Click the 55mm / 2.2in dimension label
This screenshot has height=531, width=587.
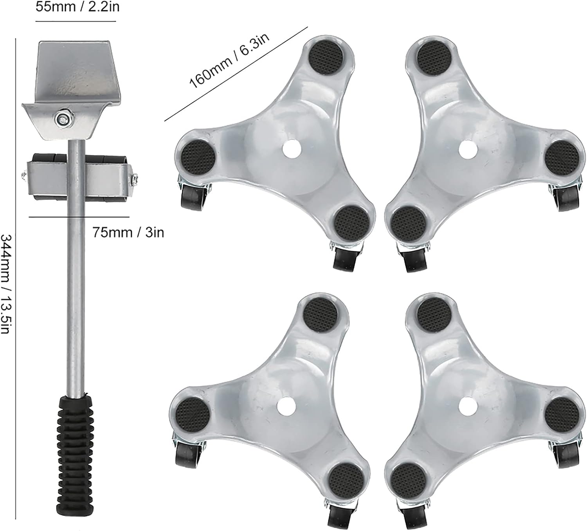[77, 7]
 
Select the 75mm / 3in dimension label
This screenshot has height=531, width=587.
[128, 233]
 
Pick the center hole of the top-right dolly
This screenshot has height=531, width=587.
[467, 148]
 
